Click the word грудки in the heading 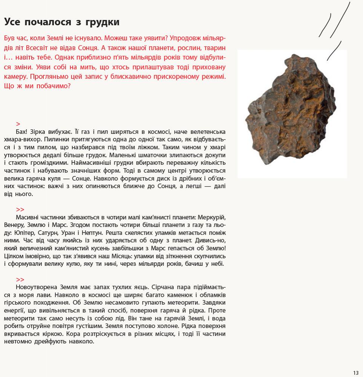[x=100, y=22]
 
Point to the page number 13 [x=356, y=373]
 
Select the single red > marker [x=18, y=124]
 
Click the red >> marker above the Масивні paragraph [x=20, y=210]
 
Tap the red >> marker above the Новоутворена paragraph [x=20, y=280]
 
